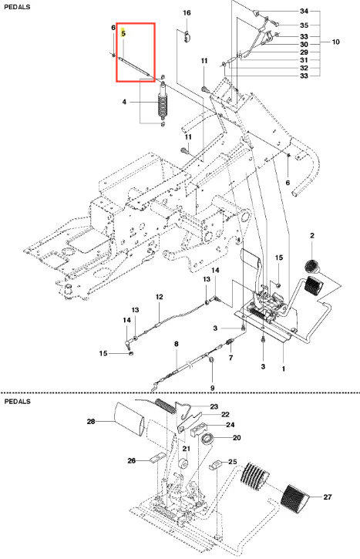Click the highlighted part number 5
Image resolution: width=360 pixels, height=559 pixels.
123,33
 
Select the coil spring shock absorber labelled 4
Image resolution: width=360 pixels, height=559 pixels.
163,102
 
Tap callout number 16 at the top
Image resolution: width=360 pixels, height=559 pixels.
187,13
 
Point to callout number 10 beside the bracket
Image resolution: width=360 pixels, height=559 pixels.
336,42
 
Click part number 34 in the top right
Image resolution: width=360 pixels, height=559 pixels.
304,11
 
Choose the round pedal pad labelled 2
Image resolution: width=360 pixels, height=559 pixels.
312,266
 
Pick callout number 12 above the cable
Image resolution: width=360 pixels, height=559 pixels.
160,297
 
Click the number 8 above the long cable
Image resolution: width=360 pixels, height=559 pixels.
176,344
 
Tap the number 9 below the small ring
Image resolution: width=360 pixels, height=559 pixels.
213,388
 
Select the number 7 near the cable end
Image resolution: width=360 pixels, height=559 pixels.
231,358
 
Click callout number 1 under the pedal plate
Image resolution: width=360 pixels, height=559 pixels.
284,369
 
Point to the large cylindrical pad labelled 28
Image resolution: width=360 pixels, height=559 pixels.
129,419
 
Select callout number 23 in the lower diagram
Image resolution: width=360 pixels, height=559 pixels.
214,406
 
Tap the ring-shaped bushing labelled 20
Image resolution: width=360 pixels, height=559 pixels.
207,439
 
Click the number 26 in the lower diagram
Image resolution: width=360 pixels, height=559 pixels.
132,460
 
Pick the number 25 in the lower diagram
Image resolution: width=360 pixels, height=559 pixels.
232,462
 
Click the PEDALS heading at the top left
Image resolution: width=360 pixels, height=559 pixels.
17,7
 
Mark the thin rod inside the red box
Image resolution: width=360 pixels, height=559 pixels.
133,66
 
